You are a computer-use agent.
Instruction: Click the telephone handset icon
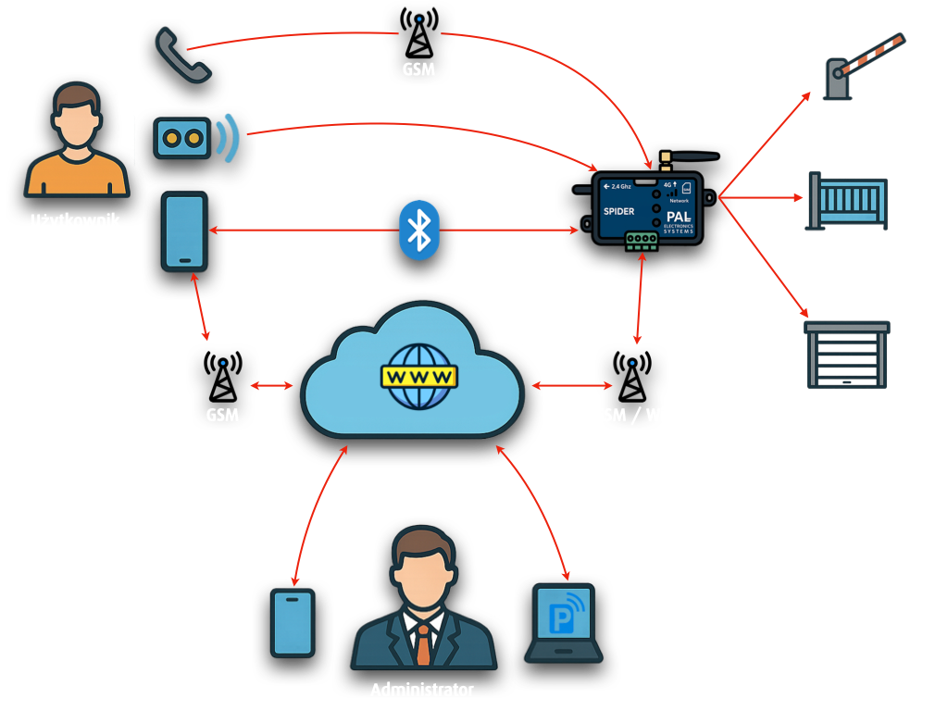click(x=182, y=55)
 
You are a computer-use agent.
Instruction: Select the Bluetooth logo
click(x=419, y=230)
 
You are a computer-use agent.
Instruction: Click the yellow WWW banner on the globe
click(x=419, y=377)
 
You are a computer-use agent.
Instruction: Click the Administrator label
click(x=422, y=690)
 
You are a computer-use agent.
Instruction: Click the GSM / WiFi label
click(x=635, y=415)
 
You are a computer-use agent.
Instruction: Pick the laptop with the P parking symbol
click(x=564, y=622)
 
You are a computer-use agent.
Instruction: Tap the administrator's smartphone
click(x=293, y=623)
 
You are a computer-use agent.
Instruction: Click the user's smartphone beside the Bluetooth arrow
click(x=184, y=231)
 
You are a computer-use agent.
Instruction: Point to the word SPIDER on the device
click(x=619, y=211)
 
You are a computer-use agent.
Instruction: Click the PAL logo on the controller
click(x=680, y=215)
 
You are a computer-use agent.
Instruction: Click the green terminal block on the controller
click(x=642, y=240)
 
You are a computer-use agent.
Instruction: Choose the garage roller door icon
click(x=846, y=357)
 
